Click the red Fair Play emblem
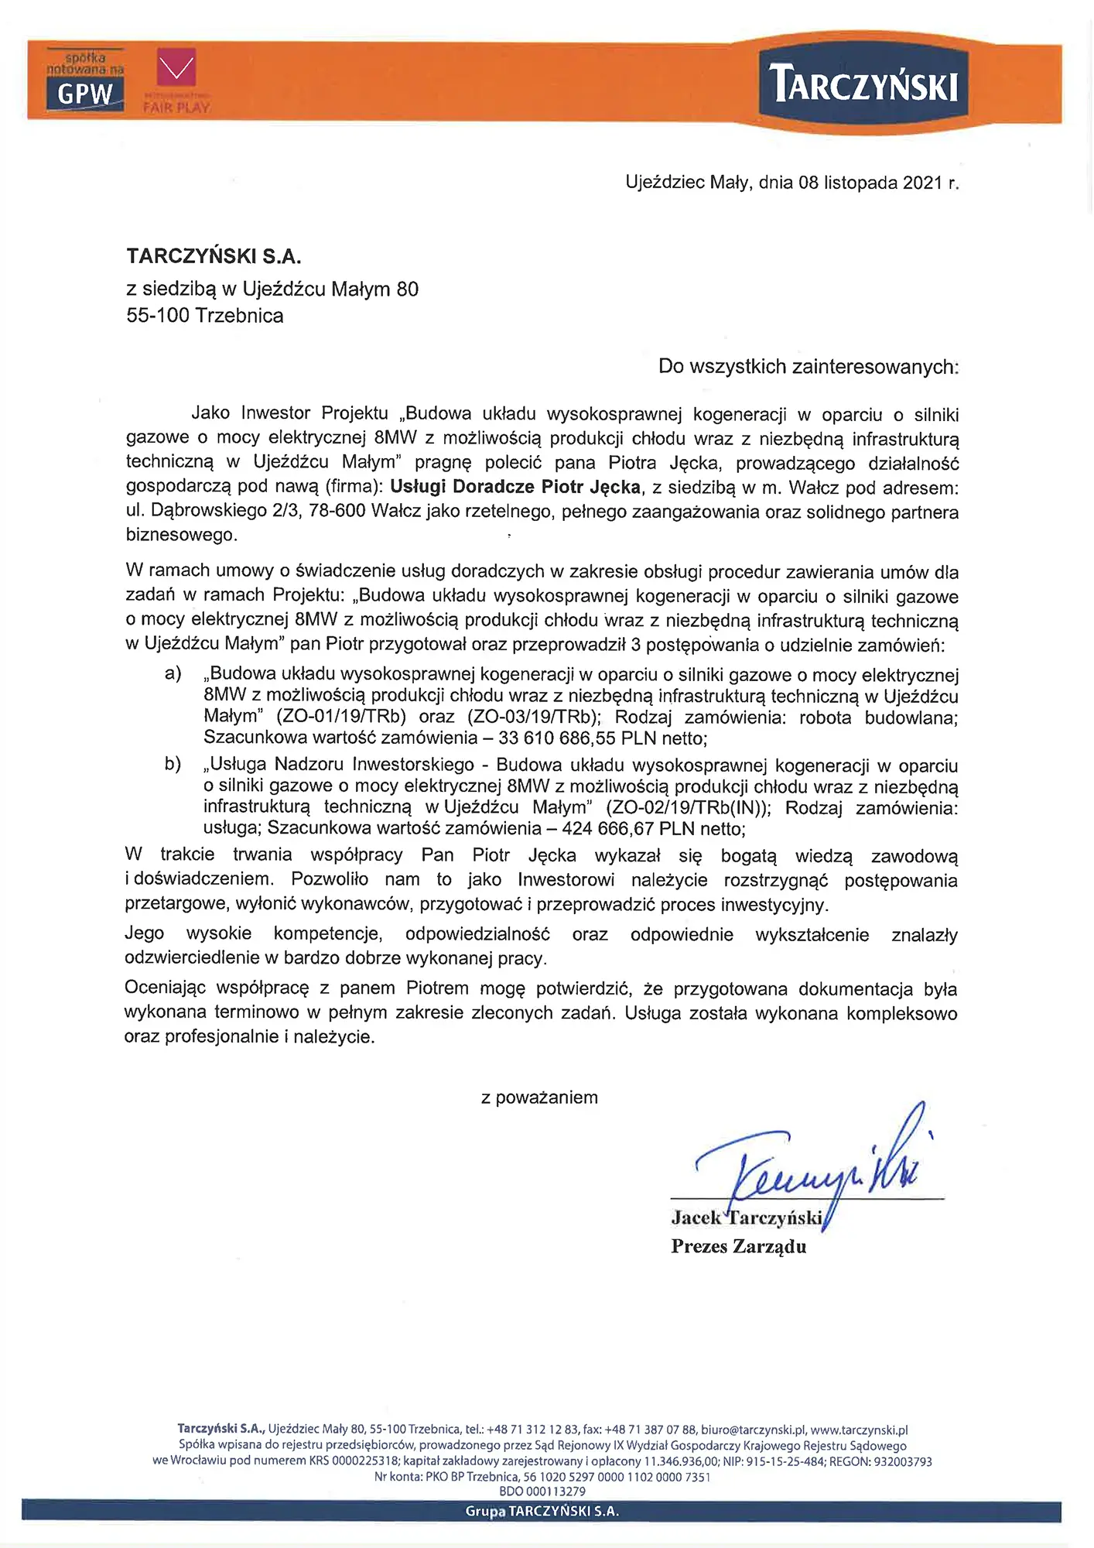point(176,68)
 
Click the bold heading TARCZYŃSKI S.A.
point(214,256)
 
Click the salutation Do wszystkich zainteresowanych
point(808,366)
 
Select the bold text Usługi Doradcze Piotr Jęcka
point(515,487)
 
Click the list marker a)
point(173,673)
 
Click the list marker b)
point(173,765)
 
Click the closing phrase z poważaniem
point(539,1098)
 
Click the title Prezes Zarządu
point(738,1246)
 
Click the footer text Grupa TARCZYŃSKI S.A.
point(542,1511)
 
